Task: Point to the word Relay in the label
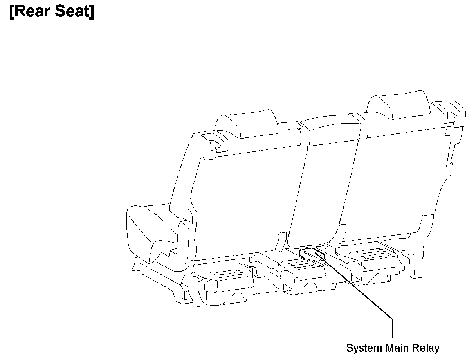point(426,348)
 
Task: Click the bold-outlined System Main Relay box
point(312,254)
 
